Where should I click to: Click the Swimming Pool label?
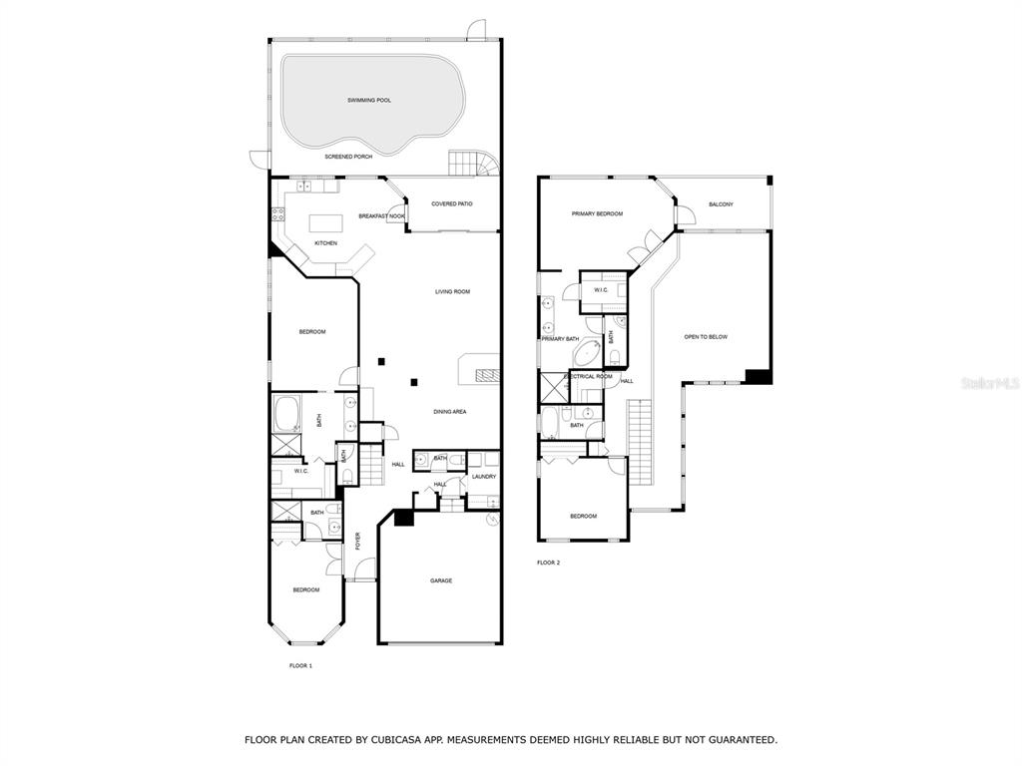pos(369,101)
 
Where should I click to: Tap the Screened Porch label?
pos(348,157)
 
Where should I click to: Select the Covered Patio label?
pos(452,203)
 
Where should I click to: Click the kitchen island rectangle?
pos(325,223)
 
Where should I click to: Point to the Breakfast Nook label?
pos(381,216)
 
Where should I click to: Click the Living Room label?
pos(452,292)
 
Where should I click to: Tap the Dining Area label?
pos(450,412)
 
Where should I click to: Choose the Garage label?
pos(440,581)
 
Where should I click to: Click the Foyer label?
pos(357,542)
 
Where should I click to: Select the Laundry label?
pos(484,477)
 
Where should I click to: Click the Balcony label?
pos(721,204)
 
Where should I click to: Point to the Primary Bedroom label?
pos(597,213)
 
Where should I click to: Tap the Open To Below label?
pos(706,337)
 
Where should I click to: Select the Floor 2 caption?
pos(548,563)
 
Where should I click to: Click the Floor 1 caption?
pos(300,665)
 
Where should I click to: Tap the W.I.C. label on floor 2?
pos(601,290)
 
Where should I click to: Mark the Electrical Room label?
pos(589,376)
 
